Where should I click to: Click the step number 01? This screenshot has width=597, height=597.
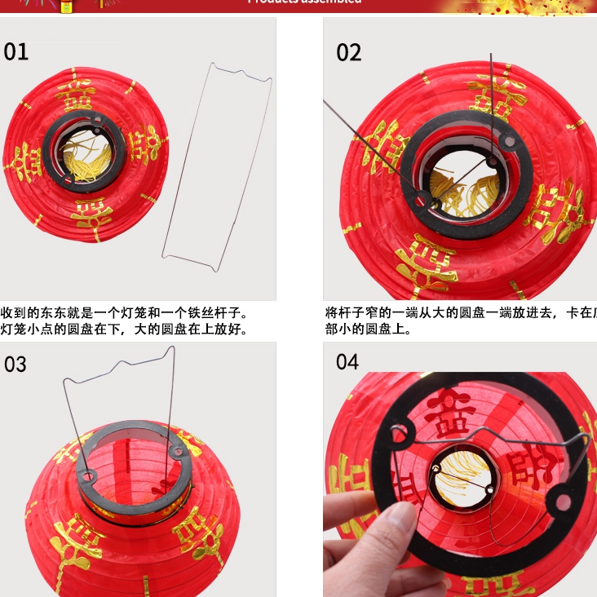[x=16, y=52]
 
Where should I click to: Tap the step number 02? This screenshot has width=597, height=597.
[x=348, y=52]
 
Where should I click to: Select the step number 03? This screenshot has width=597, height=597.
[x=16, y=364]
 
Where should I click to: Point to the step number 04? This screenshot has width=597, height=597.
[x=348, y=361]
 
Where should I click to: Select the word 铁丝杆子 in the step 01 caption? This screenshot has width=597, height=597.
[x=213, y=313]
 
